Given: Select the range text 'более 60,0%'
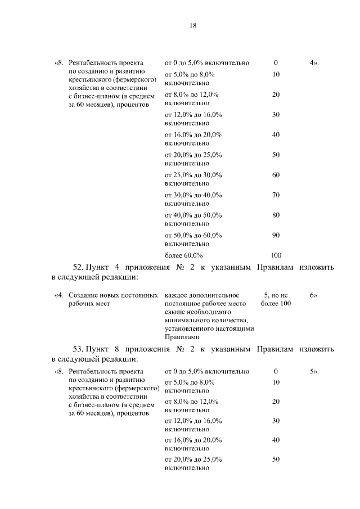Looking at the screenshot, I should point(183,255).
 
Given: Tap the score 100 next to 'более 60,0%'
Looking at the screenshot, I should point(276,255).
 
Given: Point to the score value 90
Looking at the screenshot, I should point(276,235).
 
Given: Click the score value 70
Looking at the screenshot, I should point(276,195).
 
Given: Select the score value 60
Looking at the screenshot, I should point(276,175).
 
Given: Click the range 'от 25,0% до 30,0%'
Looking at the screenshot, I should point(193,175).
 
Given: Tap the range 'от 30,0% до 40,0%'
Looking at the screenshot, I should point(193,195).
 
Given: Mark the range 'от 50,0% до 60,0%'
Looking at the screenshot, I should point(193,235).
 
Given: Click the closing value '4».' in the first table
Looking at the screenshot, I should point(314,62).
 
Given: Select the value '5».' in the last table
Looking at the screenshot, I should point(314,372).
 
